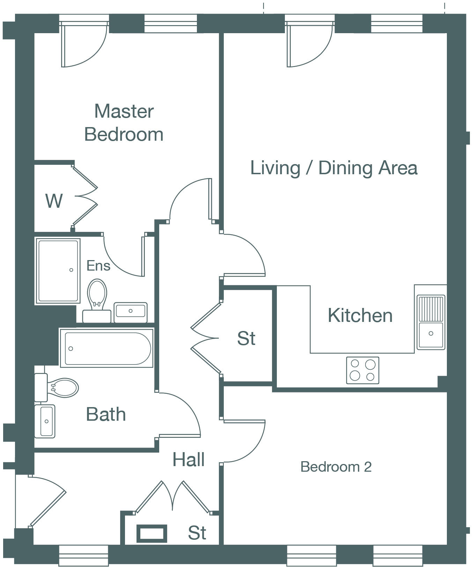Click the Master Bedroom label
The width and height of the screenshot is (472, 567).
124,123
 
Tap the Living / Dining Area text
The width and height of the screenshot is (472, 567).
334,168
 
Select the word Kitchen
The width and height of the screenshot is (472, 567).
360,316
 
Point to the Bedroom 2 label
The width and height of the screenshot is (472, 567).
336,467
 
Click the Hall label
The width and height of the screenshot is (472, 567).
189,459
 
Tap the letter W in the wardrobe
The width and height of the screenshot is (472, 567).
54,201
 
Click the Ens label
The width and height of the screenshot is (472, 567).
98,266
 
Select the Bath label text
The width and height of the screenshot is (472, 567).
106,414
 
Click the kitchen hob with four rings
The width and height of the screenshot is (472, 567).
362,370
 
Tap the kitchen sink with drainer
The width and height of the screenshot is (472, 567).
431,322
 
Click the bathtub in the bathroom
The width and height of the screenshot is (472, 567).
107,348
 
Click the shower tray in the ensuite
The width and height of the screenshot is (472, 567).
58,271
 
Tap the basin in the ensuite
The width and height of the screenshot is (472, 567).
131,311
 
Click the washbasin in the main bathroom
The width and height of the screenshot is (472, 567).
45,421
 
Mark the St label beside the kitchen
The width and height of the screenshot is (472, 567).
246,338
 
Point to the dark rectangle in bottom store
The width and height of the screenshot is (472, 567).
152,533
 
